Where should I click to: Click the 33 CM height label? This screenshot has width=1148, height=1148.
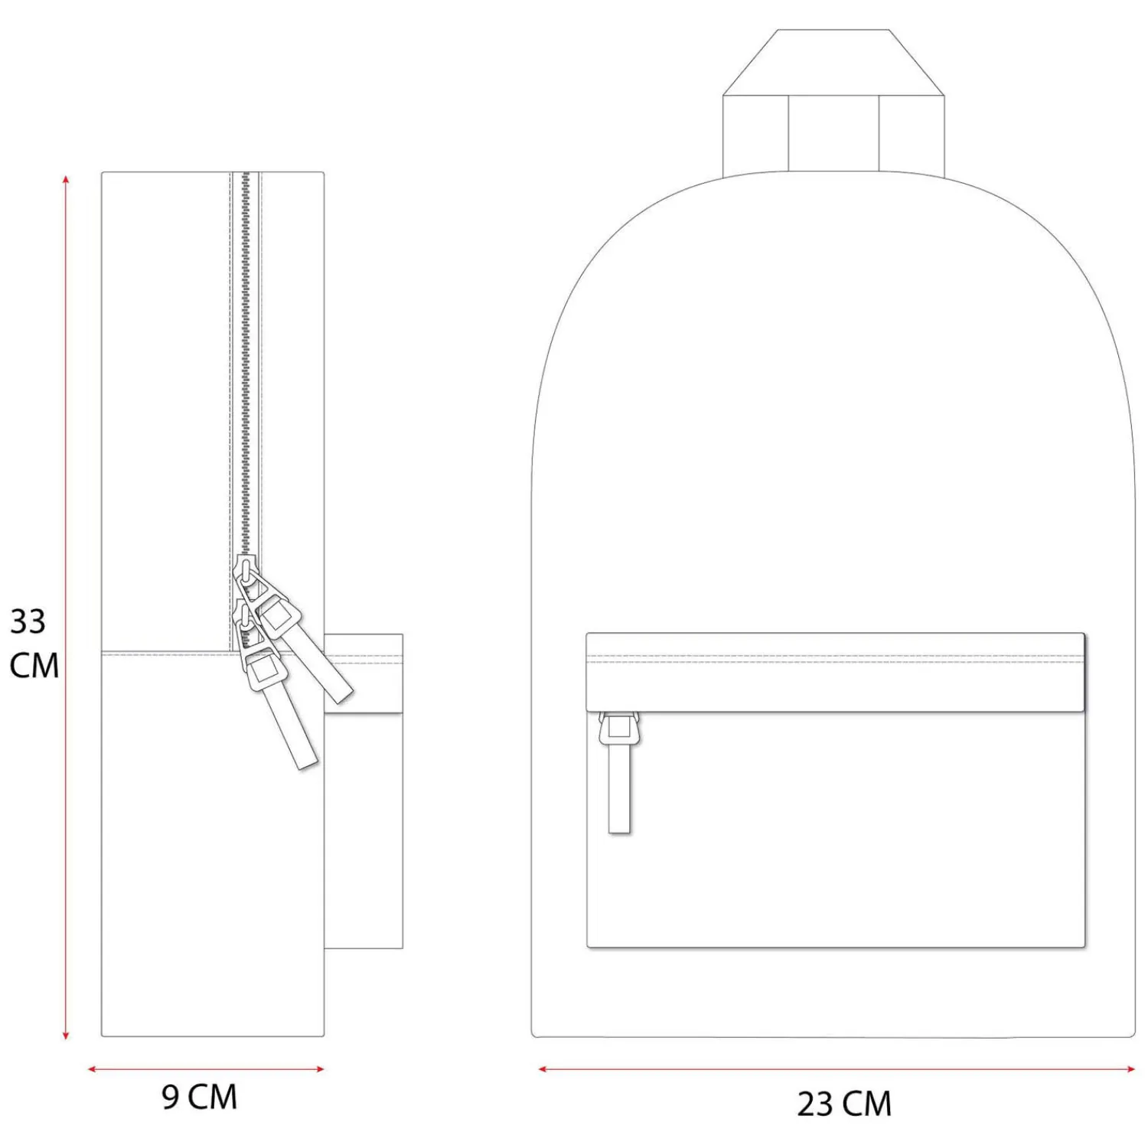pos(34,643)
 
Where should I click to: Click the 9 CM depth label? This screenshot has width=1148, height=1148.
pos(200,1097)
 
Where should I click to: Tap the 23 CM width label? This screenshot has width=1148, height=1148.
pos(844,1104)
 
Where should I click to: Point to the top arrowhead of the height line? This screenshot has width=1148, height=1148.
pos(67,180)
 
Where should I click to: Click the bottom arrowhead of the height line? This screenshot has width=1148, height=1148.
pos(67,1035)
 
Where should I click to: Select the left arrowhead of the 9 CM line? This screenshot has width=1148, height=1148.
pos(93,1069)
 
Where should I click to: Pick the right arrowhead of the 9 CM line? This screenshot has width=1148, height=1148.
pos(320,1069)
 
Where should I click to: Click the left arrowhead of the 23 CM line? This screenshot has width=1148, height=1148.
pos(543,1069)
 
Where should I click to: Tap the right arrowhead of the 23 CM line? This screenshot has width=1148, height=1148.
pos(1130,1069)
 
